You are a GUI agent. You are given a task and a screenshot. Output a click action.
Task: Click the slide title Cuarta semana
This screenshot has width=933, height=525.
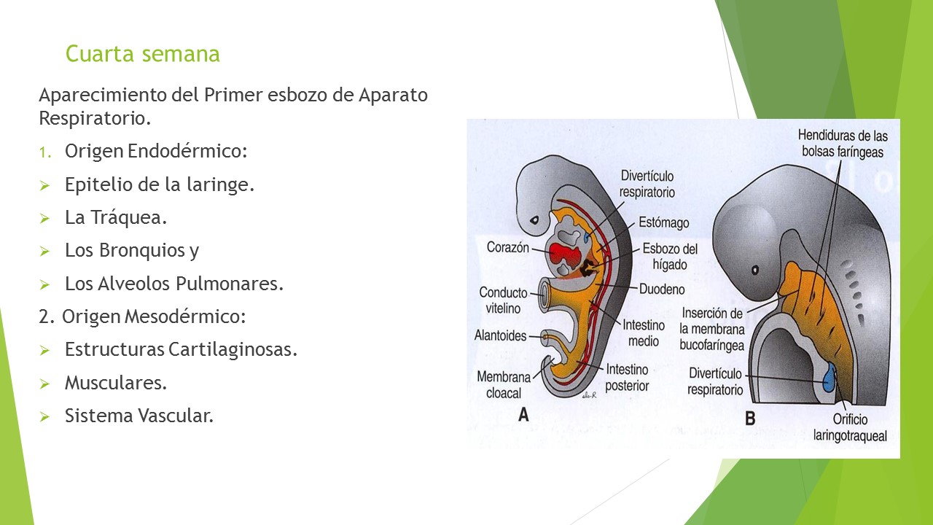tap(142, 54)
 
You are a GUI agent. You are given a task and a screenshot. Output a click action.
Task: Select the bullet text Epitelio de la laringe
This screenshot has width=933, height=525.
tap(159, 184)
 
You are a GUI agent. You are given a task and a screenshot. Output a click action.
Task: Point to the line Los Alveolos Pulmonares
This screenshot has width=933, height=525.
tap(173, 284)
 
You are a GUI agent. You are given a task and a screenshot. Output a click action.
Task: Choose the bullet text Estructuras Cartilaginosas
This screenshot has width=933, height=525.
tap(181, 349)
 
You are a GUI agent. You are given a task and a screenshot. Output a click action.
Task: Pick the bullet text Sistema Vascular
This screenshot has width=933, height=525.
tap(138, 416)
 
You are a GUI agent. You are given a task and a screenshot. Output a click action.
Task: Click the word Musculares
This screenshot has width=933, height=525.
tap(115, 383)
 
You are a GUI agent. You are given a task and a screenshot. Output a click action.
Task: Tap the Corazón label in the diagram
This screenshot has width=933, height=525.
tap(508, 247)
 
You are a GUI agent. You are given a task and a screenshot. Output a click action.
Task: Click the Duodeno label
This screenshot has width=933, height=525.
tap(662, 289)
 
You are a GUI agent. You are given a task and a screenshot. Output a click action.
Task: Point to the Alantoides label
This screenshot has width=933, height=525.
tap(501, 336)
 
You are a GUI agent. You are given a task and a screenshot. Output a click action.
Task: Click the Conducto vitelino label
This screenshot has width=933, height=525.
tap(503, 300)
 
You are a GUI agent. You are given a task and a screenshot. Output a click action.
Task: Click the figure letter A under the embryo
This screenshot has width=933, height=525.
tap(523, 416)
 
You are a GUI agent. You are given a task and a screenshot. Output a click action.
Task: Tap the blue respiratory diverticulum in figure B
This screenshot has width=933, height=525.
tap(829, 379)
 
